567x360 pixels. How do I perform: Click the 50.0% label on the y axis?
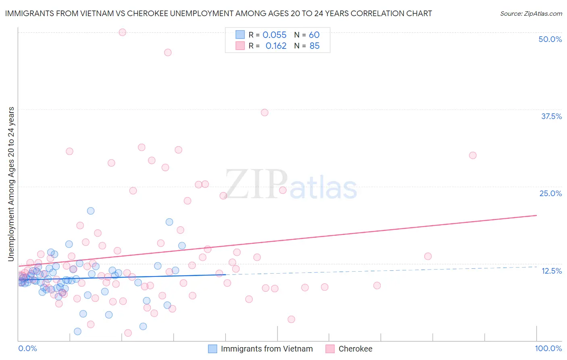click(x=550, y=39)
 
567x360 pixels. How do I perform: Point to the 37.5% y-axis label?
click(x=551, y=116)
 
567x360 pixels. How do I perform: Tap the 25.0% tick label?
click(x=550, y=193)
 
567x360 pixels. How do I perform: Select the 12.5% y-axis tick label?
click(x=551, y=271)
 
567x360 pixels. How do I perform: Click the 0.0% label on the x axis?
click(x=27, y=348)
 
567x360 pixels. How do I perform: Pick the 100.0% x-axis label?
click(x=548, y=348)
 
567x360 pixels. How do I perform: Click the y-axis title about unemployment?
click(x=11, y=184)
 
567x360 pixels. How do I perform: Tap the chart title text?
click(x=218, y=13)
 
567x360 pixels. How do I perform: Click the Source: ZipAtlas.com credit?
click(x=531, y=13)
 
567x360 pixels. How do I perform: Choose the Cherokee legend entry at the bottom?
click(x=355, y=349)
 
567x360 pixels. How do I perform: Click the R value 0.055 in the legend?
click(x=274, y=35)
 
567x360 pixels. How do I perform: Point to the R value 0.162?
click(x=276, y=46)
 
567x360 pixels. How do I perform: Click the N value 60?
click(x=314, y=35)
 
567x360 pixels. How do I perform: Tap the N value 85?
click(x=314, y=46)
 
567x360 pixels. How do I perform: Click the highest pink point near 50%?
click(x=122, y=32)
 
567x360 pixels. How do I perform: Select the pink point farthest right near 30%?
click(x=473, y=155)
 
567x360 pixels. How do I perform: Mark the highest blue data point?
click(x=91, y=211)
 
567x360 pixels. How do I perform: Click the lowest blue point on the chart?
click(x=77, y=331)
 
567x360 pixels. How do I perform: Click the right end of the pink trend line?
click(x=536, y=215)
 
